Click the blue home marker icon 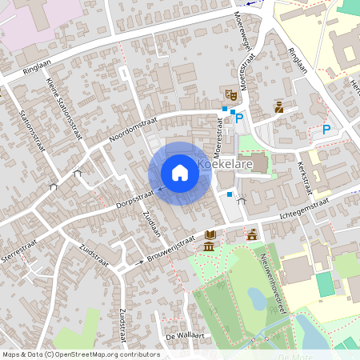[180, 173]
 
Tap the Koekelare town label [225, 166]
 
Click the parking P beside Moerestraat [239, 118]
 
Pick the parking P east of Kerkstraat [326, 130]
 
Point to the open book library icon [210, 234]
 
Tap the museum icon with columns [209, 245]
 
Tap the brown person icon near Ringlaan [278, 107]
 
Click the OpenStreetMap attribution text [80, 354]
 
